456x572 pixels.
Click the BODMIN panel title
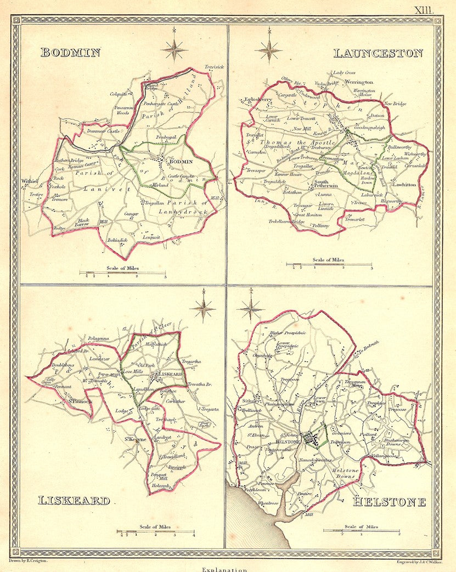pos(70,53)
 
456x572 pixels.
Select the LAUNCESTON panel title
pos(378,53)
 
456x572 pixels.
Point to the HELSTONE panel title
pos(390,501)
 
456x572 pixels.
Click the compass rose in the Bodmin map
pos(174,49)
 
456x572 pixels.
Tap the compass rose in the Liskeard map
pos(203,308)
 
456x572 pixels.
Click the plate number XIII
pos(424,9)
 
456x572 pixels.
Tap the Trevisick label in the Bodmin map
pos(215,67)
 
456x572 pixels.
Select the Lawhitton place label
pos(404,185)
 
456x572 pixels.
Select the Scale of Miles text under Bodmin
pos(123,267)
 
